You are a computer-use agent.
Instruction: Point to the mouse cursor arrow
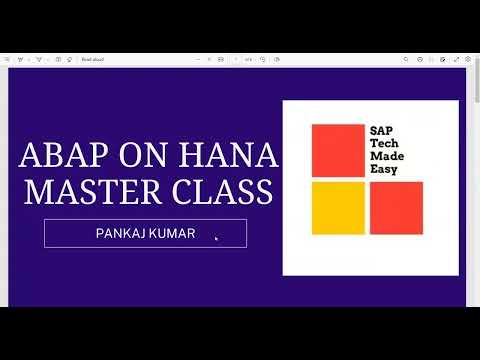(x=217, y=238)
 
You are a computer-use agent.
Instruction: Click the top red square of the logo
(x=337, y=150)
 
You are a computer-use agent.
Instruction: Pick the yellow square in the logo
(x=337, y=207)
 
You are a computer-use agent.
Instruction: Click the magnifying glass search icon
(x=406, y=60)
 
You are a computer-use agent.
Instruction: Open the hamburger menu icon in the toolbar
(x=7, y=60)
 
